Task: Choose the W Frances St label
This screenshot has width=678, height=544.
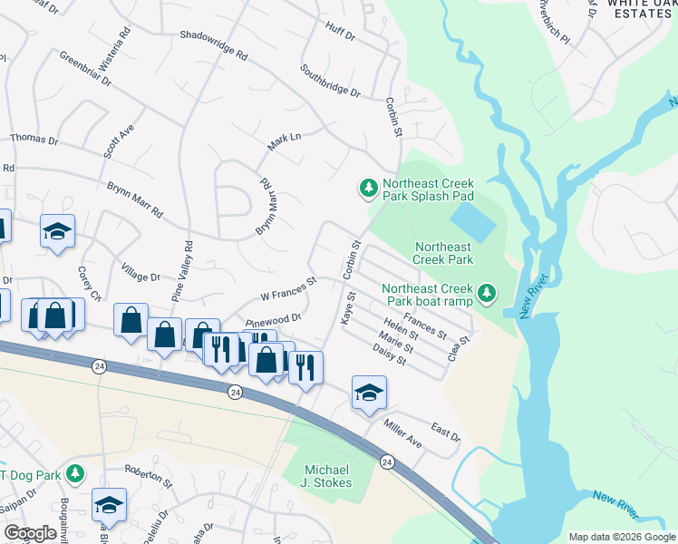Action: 287,288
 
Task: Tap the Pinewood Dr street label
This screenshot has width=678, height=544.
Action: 273,320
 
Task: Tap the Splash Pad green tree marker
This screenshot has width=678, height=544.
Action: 368,188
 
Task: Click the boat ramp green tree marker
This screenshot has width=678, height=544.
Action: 488,292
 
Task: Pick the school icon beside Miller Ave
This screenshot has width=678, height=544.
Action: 369,393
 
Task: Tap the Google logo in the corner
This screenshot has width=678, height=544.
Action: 31,533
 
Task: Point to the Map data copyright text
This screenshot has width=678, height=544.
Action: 621,537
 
